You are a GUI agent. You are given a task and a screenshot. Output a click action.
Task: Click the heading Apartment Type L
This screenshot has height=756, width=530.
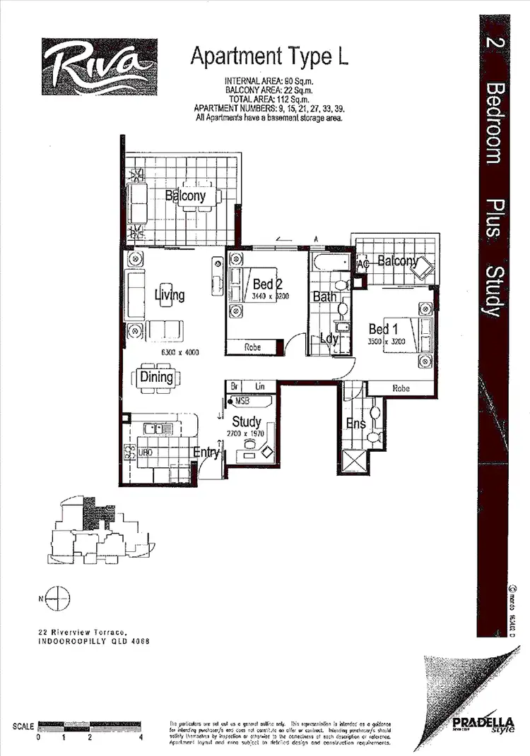(269, 57)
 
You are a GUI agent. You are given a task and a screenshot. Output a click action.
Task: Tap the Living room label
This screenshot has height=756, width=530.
(170, 294)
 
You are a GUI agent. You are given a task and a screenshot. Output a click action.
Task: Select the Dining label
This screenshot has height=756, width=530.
(156, 376)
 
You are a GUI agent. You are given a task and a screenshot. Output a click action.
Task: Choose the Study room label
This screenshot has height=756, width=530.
(247, 422)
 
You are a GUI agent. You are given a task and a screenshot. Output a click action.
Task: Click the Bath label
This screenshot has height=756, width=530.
(324, 296)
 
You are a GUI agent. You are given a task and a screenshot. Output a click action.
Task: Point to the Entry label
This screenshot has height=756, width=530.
(206, 452)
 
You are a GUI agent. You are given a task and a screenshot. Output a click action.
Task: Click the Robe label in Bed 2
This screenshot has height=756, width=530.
(252, 348)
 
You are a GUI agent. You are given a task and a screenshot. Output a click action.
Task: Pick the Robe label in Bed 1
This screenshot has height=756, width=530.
(401, 388)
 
